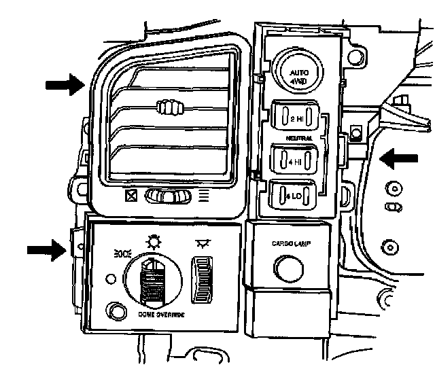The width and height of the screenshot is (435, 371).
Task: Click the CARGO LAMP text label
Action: [291, 243]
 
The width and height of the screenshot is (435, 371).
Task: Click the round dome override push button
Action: [116, 312]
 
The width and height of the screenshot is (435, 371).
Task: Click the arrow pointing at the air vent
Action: [65, 85]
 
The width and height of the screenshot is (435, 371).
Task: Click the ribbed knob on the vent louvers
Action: [171, 107]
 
